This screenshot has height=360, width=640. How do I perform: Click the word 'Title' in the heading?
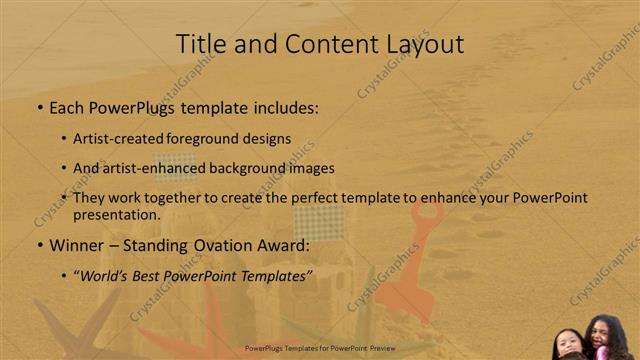197,44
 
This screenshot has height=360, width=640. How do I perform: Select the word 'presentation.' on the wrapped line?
116,215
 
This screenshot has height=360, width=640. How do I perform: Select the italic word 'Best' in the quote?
152,274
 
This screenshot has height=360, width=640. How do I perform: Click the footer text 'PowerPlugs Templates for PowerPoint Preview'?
319,349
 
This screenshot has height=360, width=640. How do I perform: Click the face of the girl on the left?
568,341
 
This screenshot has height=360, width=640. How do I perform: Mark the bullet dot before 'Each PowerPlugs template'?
39,107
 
